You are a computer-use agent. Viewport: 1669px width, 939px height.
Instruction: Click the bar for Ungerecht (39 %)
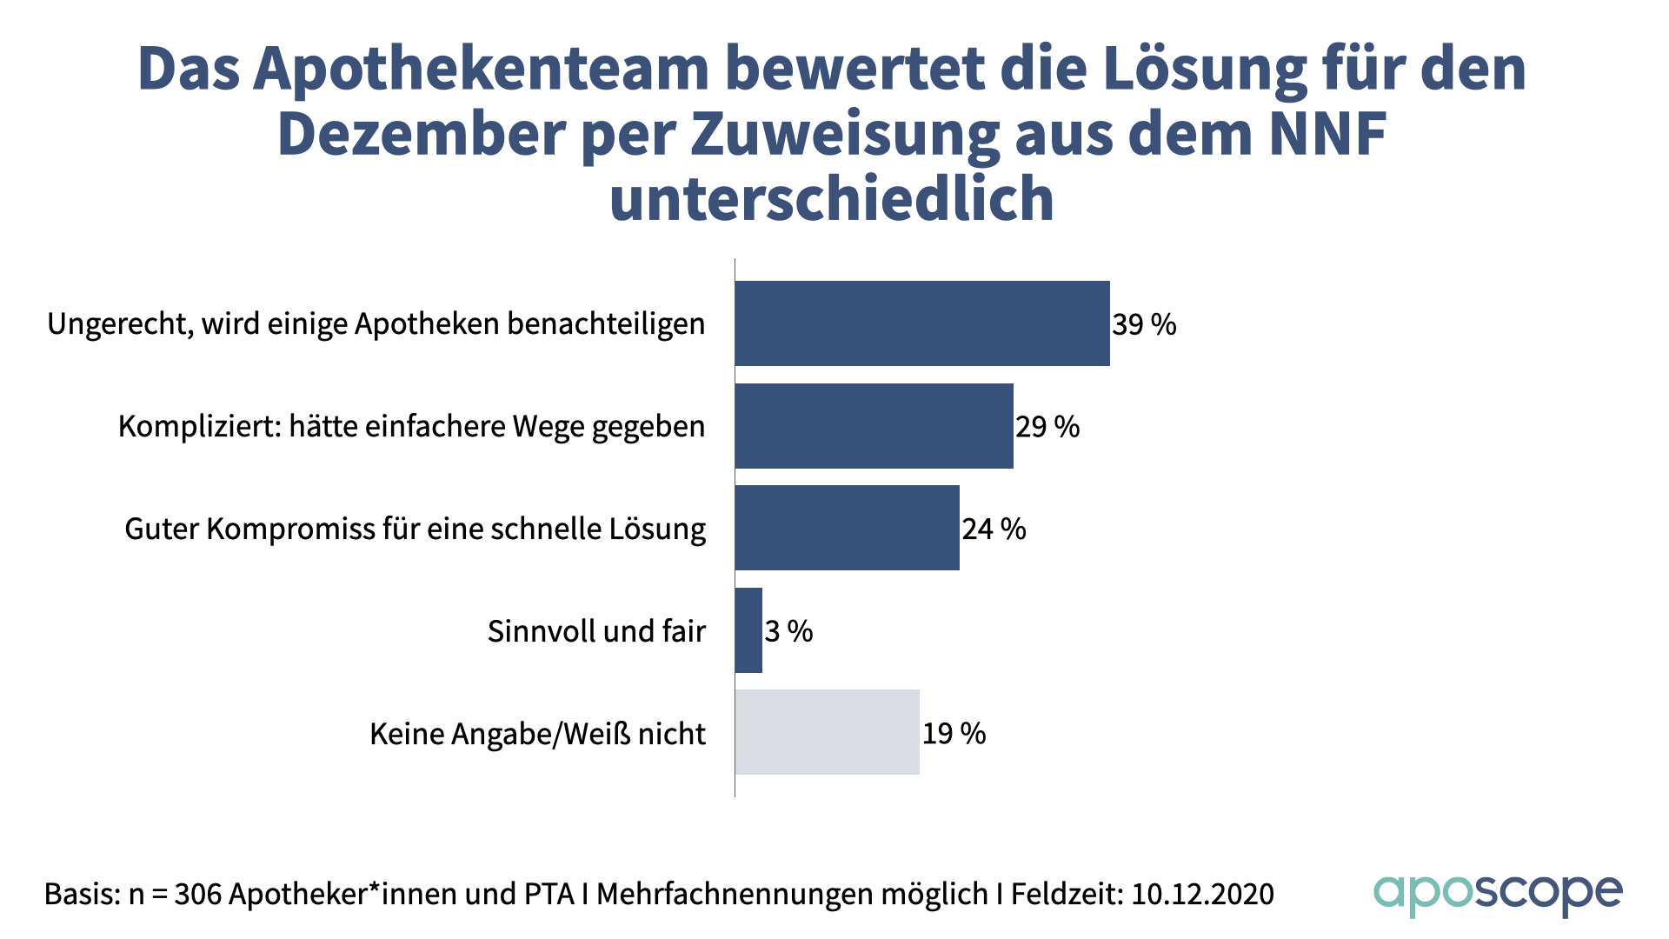click(921, 323)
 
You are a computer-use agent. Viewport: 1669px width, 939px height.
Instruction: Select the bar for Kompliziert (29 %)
click(874, 426)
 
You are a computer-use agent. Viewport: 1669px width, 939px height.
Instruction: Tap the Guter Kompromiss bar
click(847, 528)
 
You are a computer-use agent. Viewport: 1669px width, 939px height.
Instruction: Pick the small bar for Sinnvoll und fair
click(748, 630)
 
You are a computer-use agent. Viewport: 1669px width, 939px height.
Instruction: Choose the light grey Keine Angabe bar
click(827, 732)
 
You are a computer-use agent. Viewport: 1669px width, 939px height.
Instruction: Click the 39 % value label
click(1144, 325)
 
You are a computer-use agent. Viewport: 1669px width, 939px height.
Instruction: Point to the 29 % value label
click(1047, 427)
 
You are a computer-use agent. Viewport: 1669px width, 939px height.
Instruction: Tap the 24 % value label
click(994, 529)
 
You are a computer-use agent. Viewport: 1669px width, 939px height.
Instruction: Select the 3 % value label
click(788, 631)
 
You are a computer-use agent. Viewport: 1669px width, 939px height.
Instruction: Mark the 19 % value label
click(954, 734)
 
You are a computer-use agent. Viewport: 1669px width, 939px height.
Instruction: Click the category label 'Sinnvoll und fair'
click(596, 631)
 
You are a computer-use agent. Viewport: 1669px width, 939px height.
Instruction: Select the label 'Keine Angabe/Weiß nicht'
click(537, 734)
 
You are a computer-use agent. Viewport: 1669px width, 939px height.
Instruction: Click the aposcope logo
click(1498, 895)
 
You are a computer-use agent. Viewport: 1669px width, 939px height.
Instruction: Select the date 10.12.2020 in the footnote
click(1202, 894)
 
